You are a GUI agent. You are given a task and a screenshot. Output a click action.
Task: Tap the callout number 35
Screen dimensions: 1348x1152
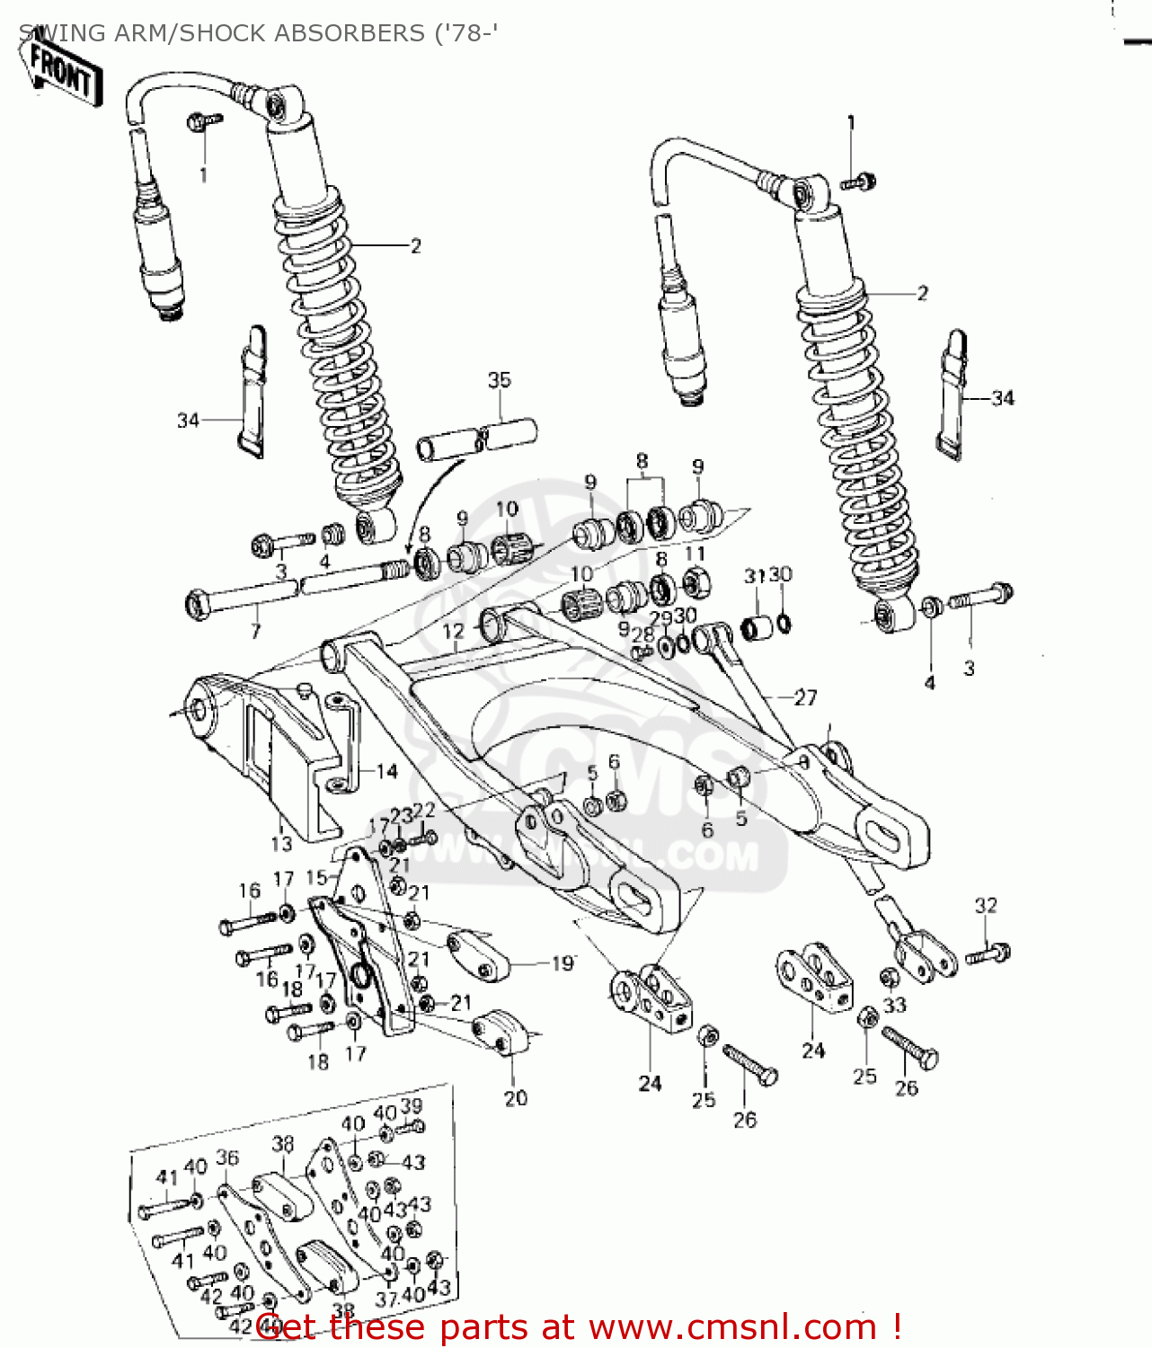[499, 380]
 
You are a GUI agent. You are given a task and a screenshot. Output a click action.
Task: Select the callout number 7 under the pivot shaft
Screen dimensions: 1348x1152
[255, 632]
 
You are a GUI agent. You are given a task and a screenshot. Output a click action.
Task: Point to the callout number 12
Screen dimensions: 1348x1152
[454, 631]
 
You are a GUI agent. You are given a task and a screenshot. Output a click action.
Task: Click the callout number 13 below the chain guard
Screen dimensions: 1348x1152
[281, 843]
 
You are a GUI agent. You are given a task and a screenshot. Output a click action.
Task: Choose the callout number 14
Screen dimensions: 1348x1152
[386, 771]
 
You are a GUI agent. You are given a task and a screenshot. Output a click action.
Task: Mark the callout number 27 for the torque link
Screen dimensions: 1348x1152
[805, 697]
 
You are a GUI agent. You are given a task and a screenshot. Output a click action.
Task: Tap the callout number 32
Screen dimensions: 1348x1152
[986, 905]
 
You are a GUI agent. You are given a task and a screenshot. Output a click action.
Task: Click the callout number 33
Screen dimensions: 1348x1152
[895, 1005]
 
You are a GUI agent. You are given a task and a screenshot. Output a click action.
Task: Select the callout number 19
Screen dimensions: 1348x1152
[563, 963]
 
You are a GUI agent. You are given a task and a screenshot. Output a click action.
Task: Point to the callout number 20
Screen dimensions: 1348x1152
[516, 1097]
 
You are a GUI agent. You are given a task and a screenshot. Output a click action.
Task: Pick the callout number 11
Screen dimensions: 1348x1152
[695, 553]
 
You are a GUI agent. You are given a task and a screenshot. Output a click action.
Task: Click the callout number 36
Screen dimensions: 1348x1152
[227, 1157]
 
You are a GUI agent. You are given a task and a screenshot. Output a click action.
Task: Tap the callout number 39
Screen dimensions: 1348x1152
[411, 1105]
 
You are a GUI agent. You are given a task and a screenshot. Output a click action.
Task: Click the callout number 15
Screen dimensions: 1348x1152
[316, 877]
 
